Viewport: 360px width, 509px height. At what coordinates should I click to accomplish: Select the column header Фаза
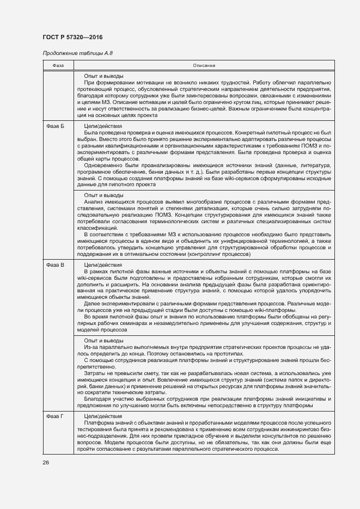click(x=58, y=65)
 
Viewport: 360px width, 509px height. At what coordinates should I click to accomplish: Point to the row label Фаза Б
click(x=56, y=126)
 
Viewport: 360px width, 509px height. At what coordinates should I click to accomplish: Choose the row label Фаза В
click(x=56, y=265)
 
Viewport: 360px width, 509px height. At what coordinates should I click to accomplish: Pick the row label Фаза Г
click(x=55, y=416)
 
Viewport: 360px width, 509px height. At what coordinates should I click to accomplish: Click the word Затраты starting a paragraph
click(x=95, y=373)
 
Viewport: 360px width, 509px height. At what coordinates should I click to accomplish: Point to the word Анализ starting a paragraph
click(x=94, y=202)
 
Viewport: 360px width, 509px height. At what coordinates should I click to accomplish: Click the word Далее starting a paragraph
click(x=92, y=303)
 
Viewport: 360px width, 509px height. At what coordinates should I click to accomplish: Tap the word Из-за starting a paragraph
click(x=91, y=347)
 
